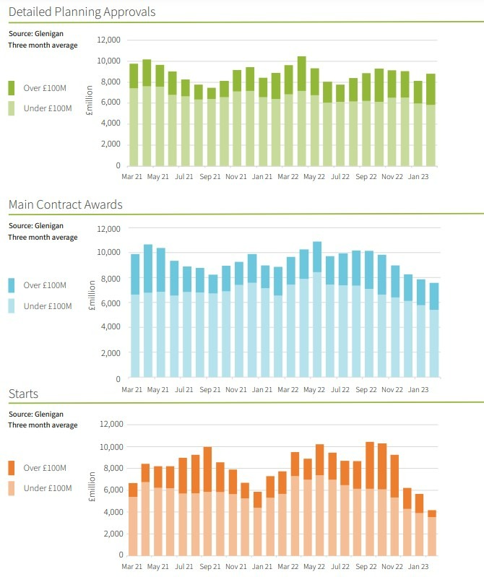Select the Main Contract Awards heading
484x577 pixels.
(x=65, y=204)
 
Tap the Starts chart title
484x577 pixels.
(x=23, y=394)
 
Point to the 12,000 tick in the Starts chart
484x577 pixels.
(x=108, y=424)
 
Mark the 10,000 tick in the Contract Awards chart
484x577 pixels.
(x=108, y=253)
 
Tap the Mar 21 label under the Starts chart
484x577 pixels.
(x=132, y=565)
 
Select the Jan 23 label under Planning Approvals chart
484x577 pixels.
(x=418, y=176)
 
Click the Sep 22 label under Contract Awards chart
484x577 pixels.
(x=367, y=389)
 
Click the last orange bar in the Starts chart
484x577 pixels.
(x=431, y=533)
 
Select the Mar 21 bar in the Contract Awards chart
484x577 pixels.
(x=134, y=316)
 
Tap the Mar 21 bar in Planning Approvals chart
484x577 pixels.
(x=134, y=116)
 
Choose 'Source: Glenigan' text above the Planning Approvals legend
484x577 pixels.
(x=36, y=33)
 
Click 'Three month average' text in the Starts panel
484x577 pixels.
(x=43, y=425)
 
